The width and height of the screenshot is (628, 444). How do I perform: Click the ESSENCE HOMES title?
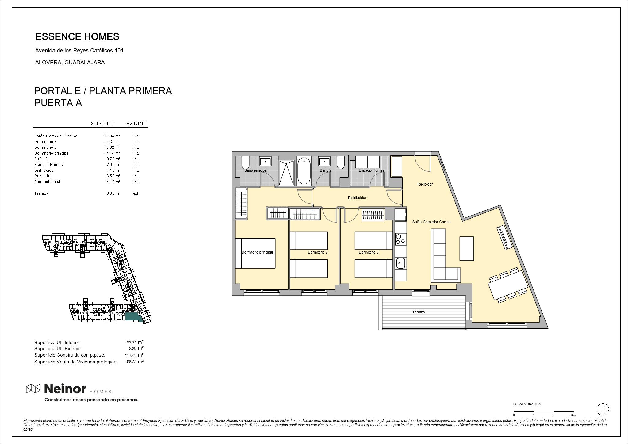[x=77, y=37]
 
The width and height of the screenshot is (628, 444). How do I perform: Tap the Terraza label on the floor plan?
[x=419, y=312]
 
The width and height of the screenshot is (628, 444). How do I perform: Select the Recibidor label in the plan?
[x=425, y=184]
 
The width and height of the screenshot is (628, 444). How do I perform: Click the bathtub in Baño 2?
[x=304, y=171]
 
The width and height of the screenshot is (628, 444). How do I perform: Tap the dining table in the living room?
[x=508, y=285]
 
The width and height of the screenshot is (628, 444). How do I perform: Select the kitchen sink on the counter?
[x=400, y=263]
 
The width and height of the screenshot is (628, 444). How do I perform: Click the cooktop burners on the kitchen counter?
[x=400, y=239]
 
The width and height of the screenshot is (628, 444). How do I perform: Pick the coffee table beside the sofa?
[x=466, y=248]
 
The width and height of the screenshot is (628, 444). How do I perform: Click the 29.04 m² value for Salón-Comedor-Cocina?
[x=112, y=136]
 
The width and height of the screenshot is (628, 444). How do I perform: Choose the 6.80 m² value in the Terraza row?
[x=112, y=193]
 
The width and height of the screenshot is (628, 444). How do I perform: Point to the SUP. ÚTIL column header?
[x=103, y=124]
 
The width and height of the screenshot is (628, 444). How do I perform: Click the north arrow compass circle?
[x=603, y=409]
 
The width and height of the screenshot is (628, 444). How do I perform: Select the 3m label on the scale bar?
[x=573, y=415]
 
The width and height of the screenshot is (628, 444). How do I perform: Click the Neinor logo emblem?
[x=33, y=388]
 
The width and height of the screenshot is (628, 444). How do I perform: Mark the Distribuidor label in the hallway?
[x=357, y=198]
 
